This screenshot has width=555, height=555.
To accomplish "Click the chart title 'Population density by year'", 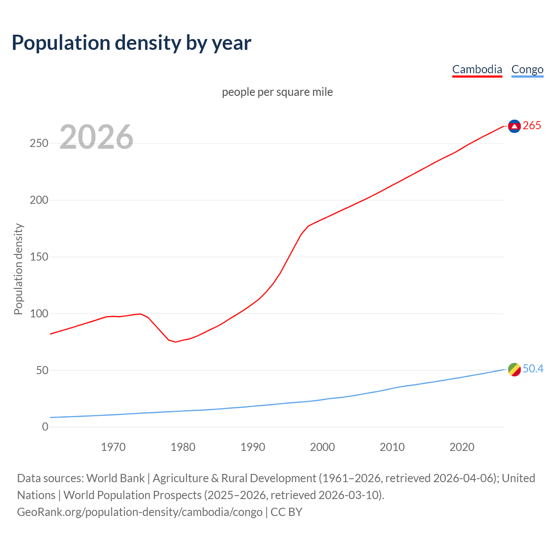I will point(131,42).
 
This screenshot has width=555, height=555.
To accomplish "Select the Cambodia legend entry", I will point(477,69).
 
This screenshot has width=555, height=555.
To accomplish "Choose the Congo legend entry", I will point(527,69).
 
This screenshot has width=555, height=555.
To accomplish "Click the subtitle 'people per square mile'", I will point(277,92).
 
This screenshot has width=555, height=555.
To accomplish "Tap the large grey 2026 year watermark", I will point(96,137).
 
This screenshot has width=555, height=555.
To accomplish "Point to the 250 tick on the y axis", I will point(39,144).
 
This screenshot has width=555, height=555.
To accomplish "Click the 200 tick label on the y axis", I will point(39,200).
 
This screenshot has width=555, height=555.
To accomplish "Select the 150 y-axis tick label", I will point(39,257).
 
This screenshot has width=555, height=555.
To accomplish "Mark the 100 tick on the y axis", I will point(39,313).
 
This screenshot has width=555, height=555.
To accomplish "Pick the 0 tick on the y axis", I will point(45,427).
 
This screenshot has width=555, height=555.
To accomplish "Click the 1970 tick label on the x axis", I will point(113,447).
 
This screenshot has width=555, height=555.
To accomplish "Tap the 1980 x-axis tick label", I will point(183,447).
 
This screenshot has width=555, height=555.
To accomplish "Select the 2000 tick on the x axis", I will point(323,447).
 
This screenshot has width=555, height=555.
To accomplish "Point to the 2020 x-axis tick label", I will point(462,447).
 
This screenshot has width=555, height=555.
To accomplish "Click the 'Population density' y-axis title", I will point(18,269).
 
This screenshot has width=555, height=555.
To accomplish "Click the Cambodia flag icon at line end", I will point(514,126).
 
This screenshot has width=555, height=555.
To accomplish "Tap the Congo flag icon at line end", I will point(514,369).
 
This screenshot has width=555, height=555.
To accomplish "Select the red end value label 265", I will point(532,126).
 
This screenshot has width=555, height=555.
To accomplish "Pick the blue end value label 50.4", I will point(533,369).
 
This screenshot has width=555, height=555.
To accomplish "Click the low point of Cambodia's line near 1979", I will point(176,342).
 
